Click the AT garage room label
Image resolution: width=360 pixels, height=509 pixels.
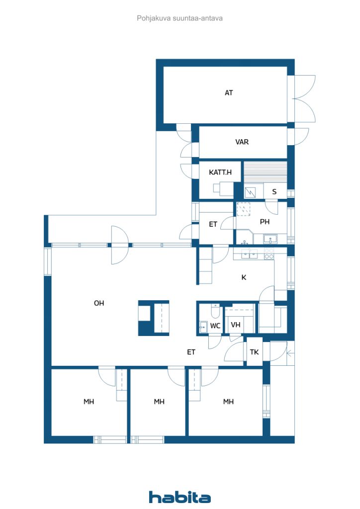point(229,93)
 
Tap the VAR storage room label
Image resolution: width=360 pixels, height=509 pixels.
point(242,142)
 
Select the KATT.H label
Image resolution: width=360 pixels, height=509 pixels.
point(220,172)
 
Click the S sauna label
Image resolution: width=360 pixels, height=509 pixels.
point(274,192)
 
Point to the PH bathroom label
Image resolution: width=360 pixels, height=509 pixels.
point(265,222)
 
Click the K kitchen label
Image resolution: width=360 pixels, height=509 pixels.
point(244,277)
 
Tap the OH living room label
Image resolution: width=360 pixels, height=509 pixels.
point(99,303)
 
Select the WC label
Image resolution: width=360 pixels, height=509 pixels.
point(215,326)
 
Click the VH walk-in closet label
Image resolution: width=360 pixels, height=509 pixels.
point(236,325)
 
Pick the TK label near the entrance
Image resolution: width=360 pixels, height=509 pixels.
point(255,352)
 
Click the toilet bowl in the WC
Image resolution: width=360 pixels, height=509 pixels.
point(215,312)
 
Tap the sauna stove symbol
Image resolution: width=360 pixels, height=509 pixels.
point(250,192)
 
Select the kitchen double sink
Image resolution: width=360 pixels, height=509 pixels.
point(249,254)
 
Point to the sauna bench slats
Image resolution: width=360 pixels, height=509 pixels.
point(266,172)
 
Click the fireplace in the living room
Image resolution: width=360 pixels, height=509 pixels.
point(154,318)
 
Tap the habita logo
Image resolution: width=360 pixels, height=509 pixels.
point(180,497)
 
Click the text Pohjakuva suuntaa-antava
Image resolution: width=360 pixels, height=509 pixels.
point(180,18)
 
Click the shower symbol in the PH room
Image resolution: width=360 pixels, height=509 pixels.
point(243,209)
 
